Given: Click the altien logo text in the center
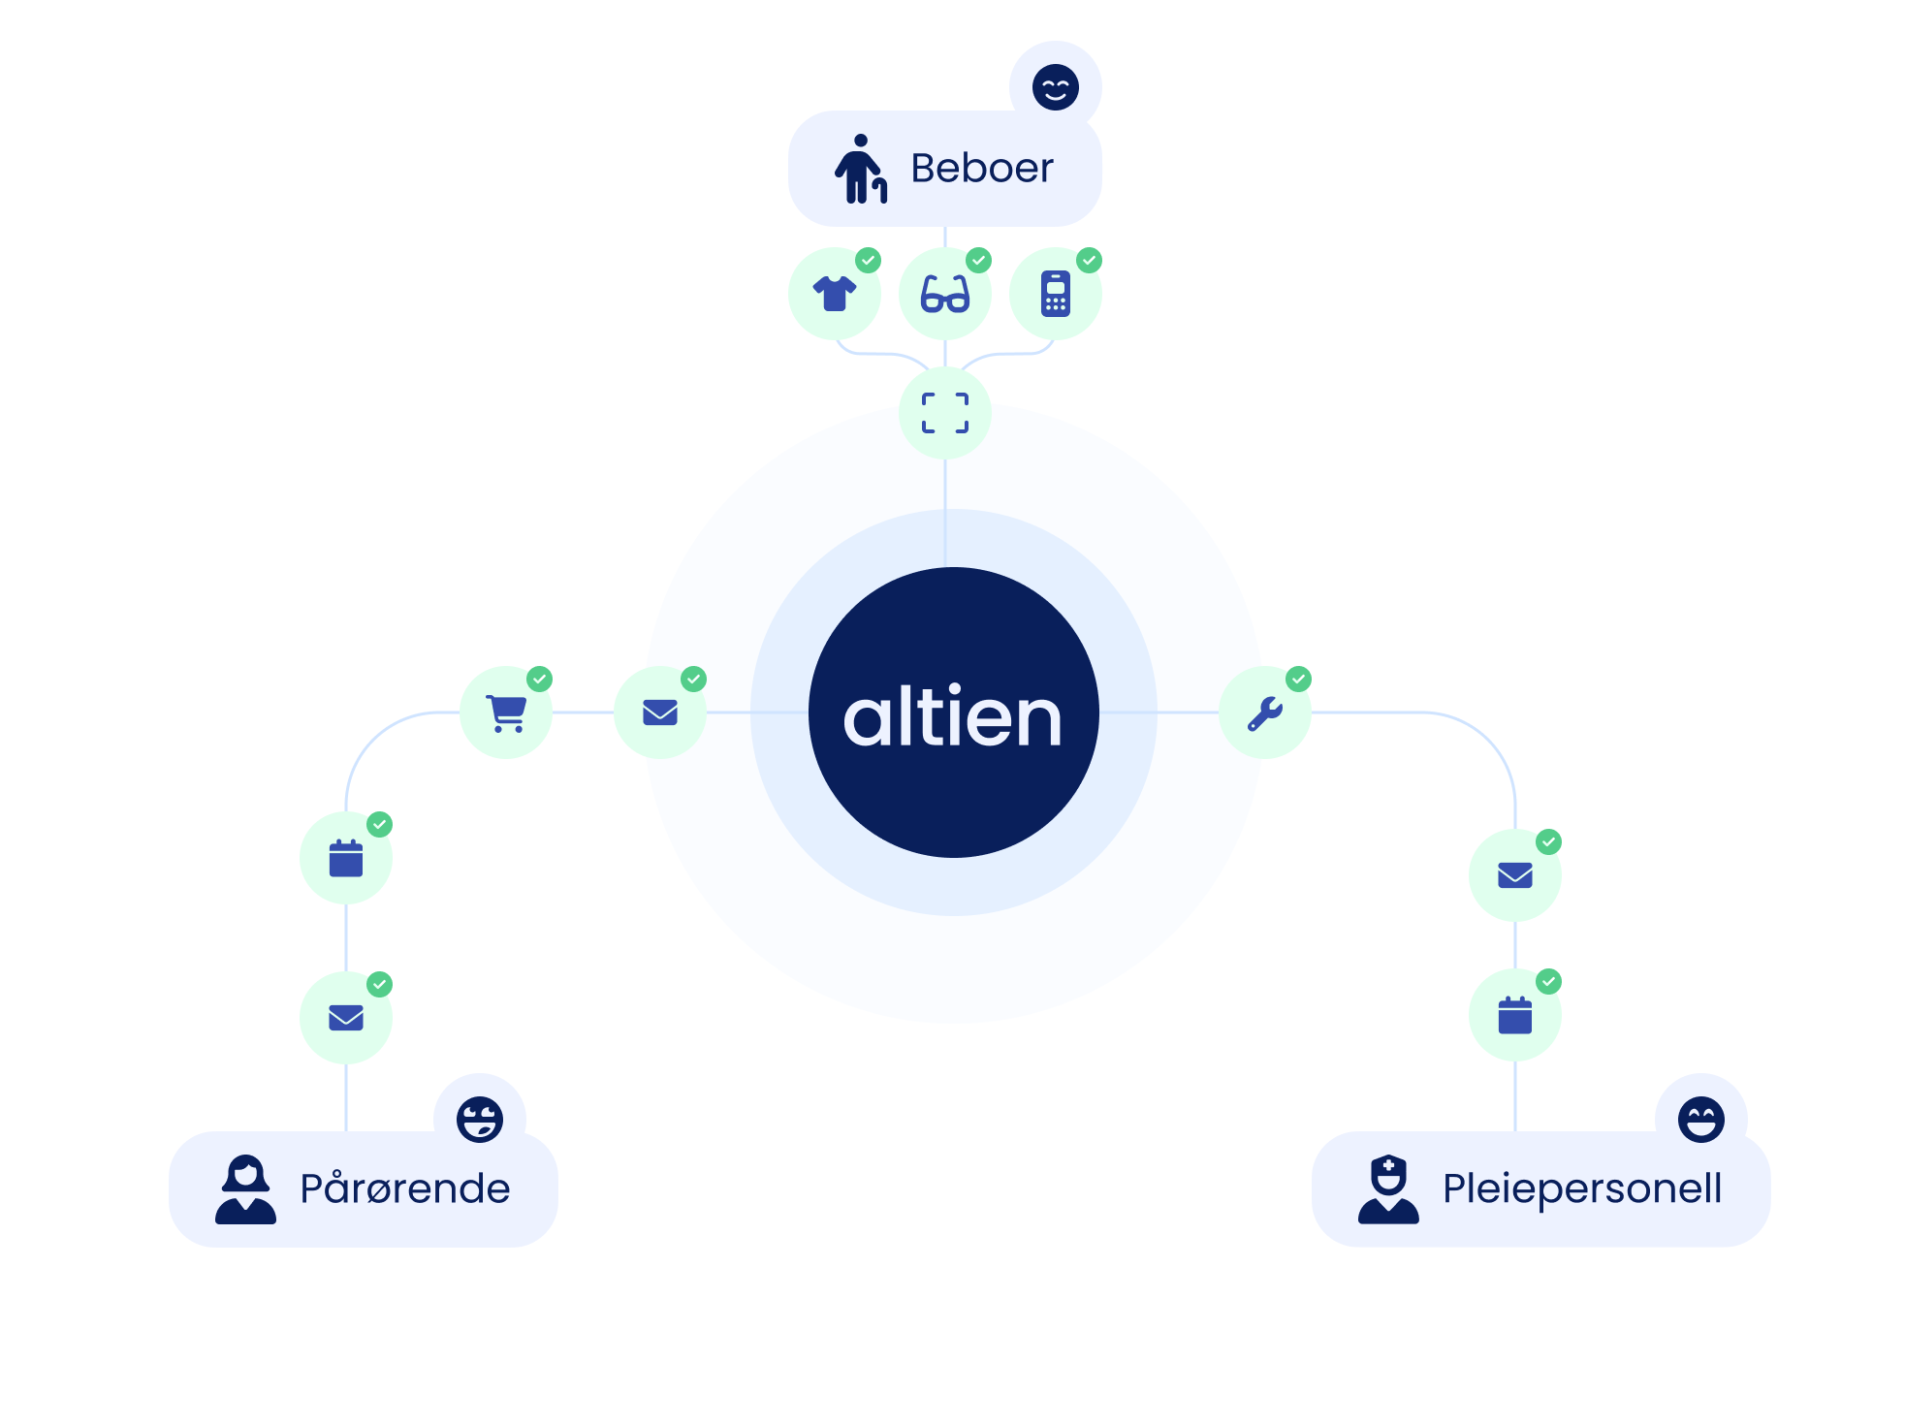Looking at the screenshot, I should point(953,717).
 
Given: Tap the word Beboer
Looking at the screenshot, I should point(981,169).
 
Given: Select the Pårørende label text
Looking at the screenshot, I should point(404,1188).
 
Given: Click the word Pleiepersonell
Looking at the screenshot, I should point(1581,1188).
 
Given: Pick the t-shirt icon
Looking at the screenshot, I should point(835,293).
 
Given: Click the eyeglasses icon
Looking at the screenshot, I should point(945,294).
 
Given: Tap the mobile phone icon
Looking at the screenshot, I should point(1055,294).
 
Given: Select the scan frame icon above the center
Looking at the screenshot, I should point(945,413).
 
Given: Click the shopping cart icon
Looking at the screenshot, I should point(506,713).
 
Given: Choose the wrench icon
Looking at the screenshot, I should point(1265,713).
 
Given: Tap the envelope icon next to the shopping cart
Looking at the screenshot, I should point(660,713).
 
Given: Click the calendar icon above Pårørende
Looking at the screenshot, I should point(346,859).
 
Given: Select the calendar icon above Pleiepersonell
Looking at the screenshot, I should point(1515,1015).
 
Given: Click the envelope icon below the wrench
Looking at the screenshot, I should point(1515,875).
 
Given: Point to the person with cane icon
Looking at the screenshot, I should point(861,169).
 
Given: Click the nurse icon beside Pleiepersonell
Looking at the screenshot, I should point(1388,1189).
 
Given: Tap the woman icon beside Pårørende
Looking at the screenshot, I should point(245,1189).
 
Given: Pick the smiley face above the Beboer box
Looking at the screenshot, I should point(1055,87).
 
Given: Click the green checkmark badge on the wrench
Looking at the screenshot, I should point(1299,679).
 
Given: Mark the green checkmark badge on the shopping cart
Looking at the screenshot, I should point(540,679).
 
